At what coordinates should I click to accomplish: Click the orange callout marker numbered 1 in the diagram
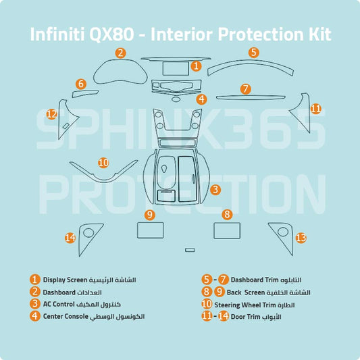(195, 66)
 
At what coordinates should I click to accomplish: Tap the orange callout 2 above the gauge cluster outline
(120, 53)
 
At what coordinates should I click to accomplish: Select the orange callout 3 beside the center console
(215, 190)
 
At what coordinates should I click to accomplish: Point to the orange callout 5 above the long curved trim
(253, 52)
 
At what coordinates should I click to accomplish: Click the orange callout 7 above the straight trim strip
(245, 88)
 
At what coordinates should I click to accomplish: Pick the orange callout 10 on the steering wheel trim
(103, 162)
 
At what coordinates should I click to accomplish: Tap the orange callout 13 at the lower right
(301, 237)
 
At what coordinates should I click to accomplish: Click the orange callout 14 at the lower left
(70, 237)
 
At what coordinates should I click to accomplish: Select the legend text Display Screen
(66, 280)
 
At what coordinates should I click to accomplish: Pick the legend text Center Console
(66, 316)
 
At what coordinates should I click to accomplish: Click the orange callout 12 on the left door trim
(51, 114)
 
